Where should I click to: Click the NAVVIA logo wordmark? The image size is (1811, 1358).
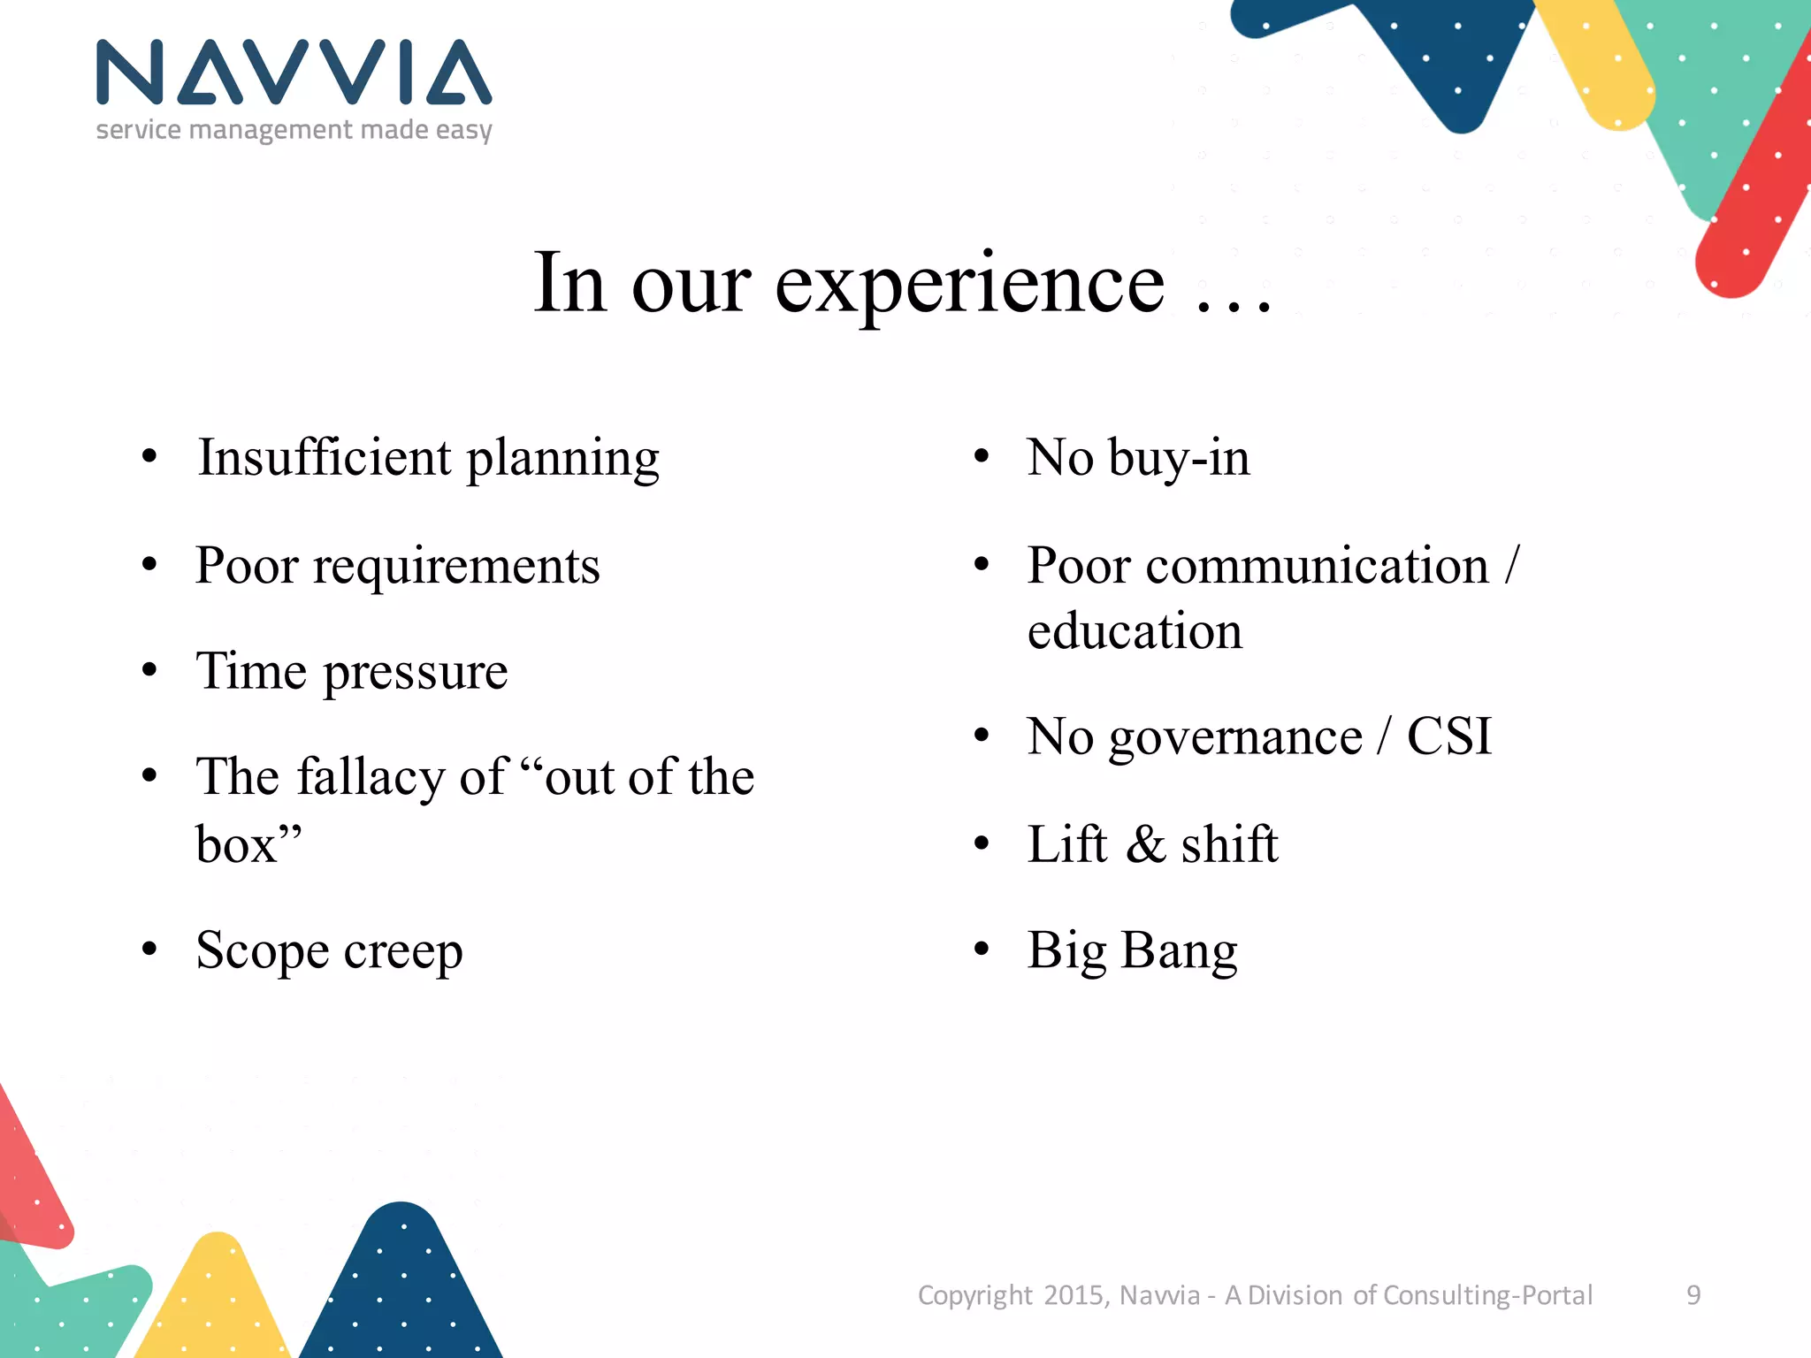point(294,72)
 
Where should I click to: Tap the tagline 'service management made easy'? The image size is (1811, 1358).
point(294,130)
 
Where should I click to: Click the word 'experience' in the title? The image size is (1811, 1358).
point(970,285)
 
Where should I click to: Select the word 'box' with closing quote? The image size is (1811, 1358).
point(248,844)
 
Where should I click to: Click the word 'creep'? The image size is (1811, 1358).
point(403,952)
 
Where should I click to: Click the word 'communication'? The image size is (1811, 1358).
point(1318,566)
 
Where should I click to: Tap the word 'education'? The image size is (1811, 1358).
point(1135,631)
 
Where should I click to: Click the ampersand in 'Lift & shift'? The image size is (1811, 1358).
point(1146,844)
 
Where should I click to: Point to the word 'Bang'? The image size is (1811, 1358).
point(1179,952)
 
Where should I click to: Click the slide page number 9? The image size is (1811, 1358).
point(1693,1295)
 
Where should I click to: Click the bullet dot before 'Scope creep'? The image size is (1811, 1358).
point(149,950)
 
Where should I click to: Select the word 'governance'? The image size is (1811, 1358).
point(1235,738)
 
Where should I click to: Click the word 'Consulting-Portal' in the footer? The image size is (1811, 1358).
point(1487,1295)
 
